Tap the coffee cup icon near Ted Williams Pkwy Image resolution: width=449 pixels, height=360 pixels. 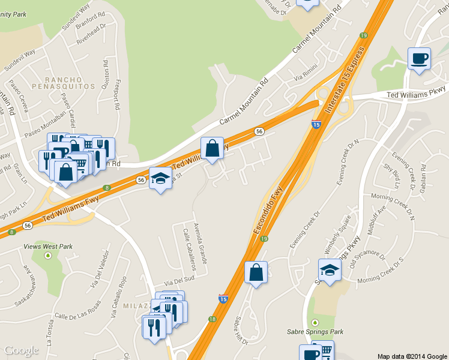(x=419, y=59)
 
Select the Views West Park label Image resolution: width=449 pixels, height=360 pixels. (x=47, y=246)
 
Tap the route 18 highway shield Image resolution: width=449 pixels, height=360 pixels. (x=212, y=319)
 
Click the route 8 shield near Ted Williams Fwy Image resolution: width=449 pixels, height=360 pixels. (x=106, y=188)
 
